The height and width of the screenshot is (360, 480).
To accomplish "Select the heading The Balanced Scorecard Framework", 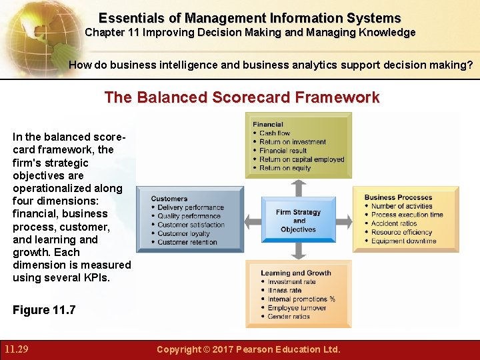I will click(x=241, y=97).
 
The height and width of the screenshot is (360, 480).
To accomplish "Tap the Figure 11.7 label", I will click(x=44, y=309).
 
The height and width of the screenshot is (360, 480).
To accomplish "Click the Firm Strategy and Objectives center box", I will click(x=298, y=221).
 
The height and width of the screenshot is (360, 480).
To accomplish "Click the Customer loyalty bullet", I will click(x=183, y=233).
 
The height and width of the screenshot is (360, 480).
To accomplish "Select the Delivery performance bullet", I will click(x=191, y=207).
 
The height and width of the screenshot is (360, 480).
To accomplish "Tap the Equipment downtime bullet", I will click(x=403, y=241).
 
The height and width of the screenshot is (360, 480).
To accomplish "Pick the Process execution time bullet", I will click(x=407, y=215).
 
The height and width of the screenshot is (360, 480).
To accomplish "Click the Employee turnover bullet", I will click(x=297, y=308).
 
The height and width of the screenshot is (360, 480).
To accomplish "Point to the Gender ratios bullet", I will click(x=289, y=317).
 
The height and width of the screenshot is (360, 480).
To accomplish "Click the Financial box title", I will click(x=268, y=124).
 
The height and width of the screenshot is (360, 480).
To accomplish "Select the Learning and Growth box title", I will click(x=296, y=273).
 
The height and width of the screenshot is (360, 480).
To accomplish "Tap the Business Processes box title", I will click(x=398, y=197).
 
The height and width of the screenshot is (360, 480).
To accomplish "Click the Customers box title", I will click(x=169, y=199).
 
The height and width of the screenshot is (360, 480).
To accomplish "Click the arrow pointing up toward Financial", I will click(x=299, y=187).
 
